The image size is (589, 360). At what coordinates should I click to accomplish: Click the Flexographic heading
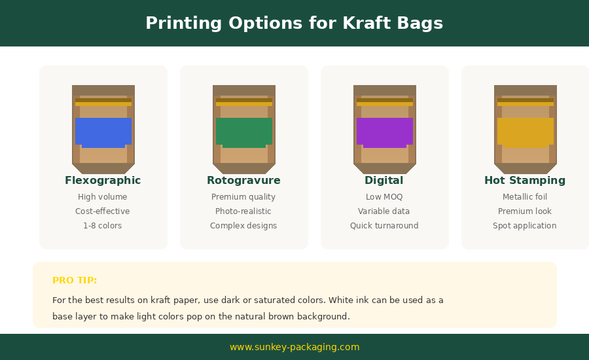point(103,181)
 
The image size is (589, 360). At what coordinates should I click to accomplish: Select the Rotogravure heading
point(244,181)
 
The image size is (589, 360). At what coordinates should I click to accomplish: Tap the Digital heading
point(384,181)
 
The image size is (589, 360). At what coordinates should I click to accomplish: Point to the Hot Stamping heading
point(525,181)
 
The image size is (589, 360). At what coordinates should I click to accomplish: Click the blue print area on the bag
point(103,132)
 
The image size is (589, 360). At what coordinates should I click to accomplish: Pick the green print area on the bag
point(244,132)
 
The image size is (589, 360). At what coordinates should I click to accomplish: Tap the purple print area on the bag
point(385,132)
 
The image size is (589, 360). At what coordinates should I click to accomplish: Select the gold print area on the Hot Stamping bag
point(526,132)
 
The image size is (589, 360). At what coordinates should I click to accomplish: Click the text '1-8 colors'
point(103,226)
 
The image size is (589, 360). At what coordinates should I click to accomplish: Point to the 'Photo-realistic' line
point(243,211)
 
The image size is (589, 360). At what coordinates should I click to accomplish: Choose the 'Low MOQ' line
point(384,197)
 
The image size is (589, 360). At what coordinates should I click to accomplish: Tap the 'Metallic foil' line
point(525,197)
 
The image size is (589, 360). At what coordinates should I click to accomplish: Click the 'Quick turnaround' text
point(384,226)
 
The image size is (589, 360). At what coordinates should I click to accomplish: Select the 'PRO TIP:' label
point(75,280)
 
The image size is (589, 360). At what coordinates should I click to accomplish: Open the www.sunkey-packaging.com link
point(294,347)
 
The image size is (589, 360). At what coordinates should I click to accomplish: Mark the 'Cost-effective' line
point(103,211)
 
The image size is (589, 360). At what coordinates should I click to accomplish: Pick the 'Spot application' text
point(525,226)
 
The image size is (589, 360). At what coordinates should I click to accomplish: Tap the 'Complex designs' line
point(243,226)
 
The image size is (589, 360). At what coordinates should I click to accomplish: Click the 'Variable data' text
point(384,211)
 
